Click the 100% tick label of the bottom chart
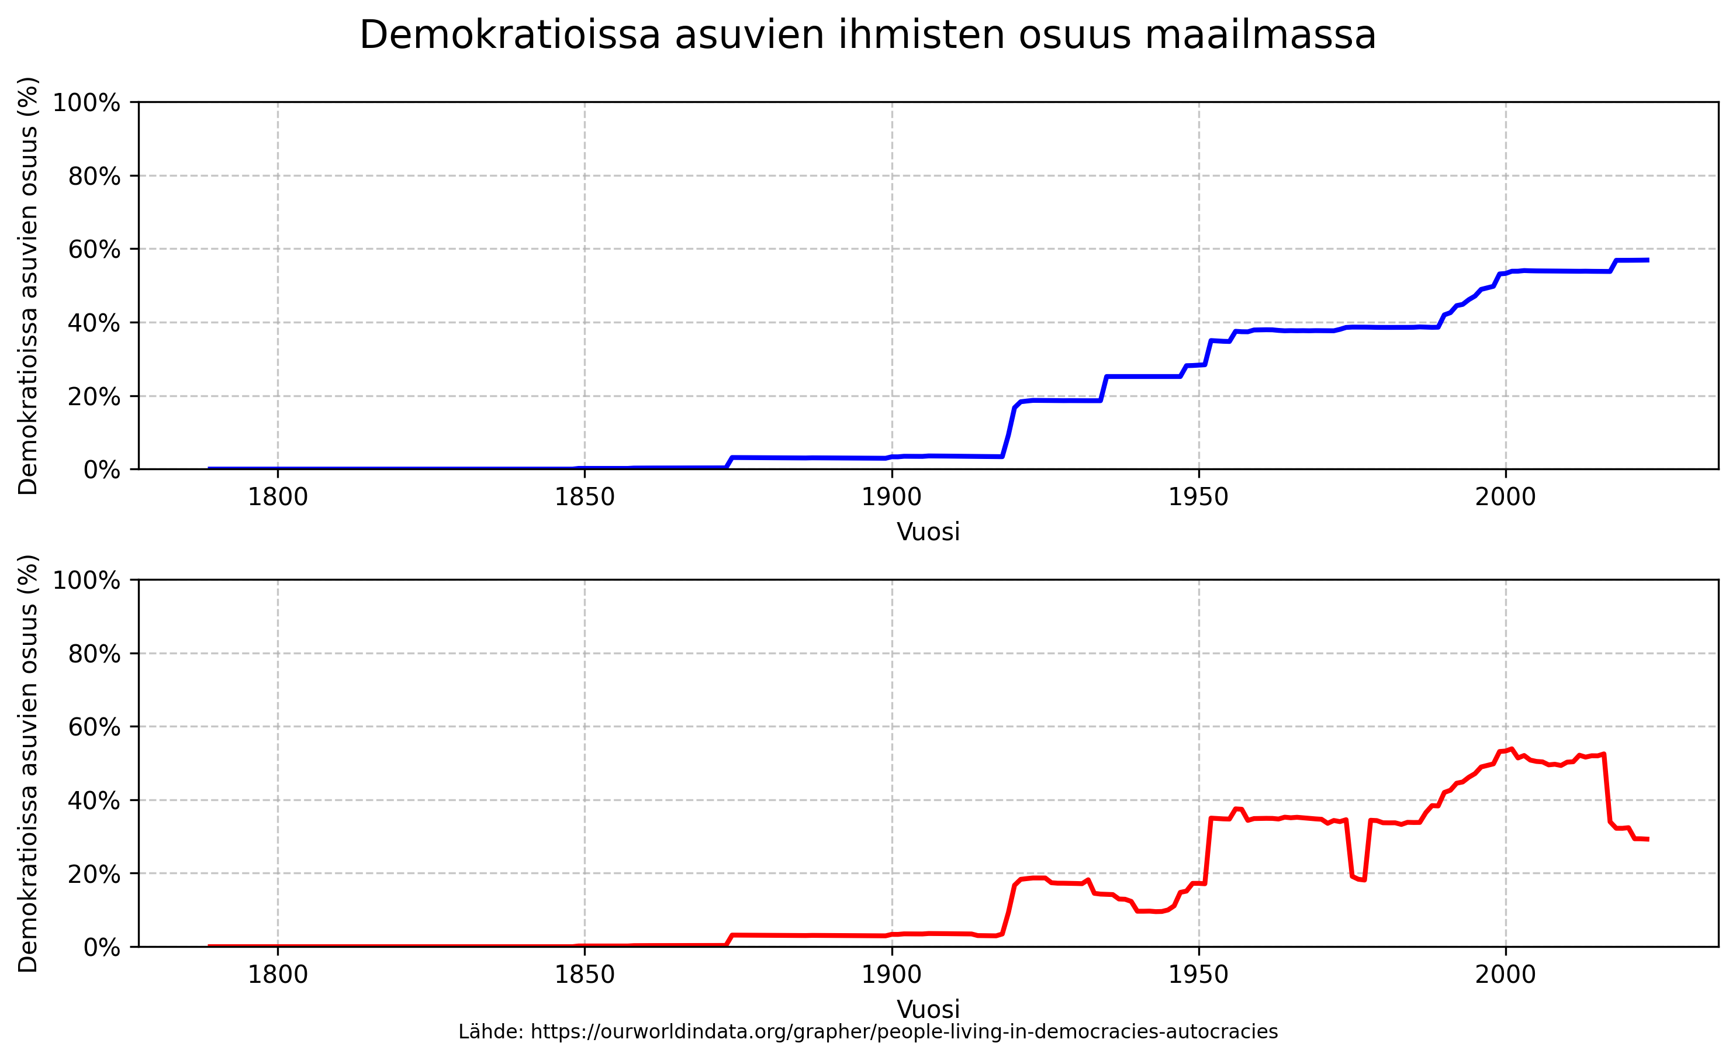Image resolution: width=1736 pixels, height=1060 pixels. (86, 580)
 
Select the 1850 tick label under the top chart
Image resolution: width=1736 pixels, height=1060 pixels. (584, 498)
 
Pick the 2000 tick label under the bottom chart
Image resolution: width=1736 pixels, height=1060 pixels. (1506, 975)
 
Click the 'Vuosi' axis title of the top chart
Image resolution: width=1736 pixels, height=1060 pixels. (928, 532)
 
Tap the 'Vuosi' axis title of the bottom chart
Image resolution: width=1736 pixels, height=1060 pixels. (928, 1009)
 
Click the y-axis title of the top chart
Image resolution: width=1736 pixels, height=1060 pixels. (28, 285)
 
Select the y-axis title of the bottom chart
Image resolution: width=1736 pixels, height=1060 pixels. (28, 764)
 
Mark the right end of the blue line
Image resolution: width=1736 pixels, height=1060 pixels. (1647, 260)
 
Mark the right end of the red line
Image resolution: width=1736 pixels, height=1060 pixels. (1647, 840)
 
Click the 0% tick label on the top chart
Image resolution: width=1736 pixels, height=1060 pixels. (102, 469)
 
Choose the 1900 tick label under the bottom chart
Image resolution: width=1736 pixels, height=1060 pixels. (891, 975)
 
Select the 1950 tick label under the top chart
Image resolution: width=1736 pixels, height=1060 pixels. (1198, 498)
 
